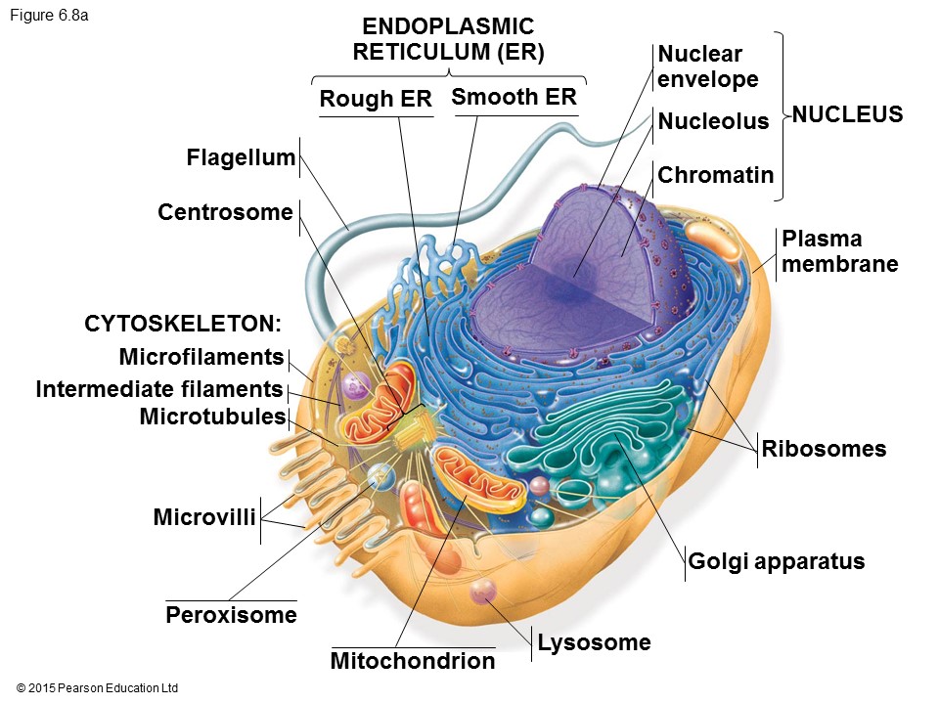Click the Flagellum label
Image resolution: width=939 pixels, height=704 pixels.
241,158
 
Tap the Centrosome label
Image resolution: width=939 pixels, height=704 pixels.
225,212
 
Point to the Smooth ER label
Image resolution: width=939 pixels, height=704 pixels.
514,98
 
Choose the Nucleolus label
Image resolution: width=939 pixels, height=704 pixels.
713,121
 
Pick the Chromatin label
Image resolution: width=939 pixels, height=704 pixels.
716,175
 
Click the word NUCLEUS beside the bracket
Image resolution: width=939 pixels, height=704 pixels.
847,115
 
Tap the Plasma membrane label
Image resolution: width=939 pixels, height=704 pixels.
839,251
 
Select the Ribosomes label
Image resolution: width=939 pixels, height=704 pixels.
824,449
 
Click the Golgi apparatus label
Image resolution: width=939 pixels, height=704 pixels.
777,561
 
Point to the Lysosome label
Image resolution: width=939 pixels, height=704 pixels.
593,642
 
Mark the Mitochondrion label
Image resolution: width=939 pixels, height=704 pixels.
413,661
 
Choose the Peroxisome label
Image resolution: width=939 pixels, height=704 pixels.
231,615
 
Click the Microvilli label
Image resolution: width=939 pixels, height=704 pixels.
204,516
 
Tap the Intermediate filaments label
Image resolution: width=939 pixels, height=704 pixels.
159,389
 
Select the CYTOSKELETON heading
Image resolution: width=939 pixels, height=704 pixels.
183,324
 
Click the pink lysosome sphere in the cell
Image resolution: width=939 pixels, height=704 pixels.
483,591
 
